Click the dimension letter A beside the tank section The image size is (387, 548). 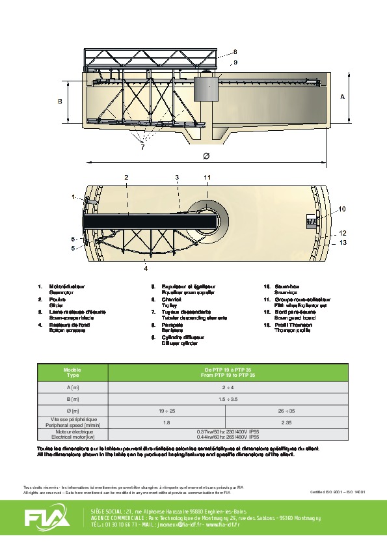pos(342,96)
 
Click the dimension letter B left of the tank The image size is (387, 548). pos(59,101)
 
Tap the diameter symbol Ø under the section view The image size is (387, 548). pos(206,157)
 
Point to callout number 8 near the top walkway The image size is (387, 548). pos(235,51)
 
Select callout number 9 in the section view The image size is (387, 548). pos(235,62)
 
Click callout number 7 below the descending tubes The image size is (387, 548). pos(142,146)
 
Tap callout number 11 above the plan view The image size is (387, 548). pos(207,177)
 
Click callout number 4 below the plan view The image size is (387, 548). pos(146,267)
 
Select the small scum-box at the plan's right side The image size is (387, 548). pos(312,221)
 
